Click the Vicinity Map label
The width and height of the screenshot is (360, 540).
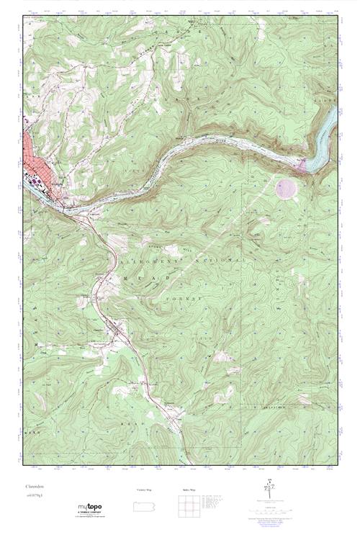point(144,489)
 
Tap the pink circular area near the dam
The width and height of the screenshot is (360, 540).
point(286,189)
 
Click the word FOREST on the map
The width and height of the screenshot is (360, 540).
point(190,296)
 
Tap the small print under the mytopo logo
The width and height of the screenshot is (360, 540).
point(89,516)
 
